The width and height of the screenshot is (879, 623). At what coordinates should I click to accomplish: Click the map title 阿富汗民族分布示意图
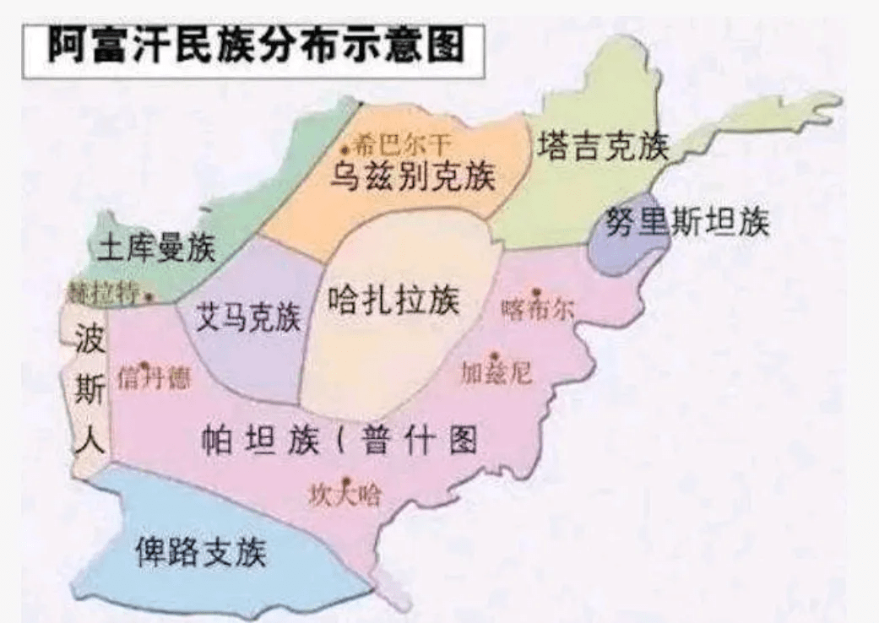click(254, 46)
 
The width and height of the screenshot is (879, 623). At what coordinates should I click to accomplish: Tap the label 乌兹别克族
click(413, 176)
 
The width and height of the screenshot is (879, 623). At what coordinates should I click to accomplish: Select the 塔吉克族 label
click(603, 146)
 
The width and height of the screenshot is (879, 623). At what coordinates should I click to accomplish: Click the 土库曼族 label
click(157, 248)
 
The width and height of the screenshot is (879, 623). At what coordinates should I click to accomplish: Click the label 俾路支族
click(201, 551)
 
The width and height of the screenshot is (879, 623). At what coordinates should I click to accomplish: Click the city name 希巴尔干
click(400, 143)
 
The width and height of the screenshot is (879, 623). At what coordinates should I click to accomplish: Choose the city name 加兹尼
click(496, 372)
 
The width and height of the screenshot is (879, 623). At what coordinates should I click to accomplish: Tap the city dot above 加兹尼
click(496, 356)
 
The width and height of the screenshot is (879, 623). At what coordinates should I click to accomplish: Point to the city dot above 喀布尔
click(535, 292)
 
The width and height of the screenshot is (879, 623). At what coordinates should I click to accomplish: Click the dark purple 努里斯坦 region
click(629, 245)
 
